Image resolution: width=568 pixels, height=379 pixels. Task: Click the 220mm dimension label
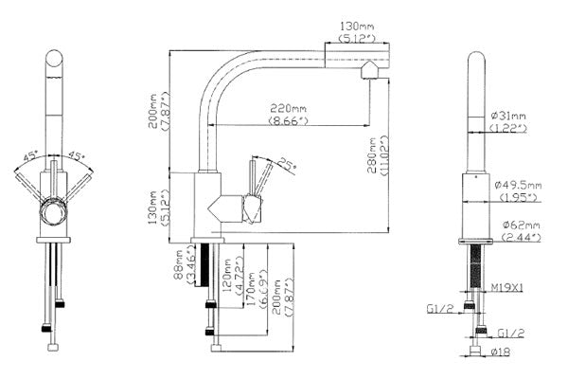[289, 108]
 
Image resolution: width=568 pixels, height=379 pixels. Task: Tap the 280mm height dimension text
[372, 154]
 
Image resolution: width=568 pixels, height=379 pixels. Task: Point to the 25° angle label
[287, 165]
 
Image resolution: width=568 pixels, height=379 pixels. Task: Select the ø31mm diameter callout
[508, 116]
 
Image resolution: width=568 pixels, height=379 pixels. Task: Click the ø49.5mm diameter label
[518, 185]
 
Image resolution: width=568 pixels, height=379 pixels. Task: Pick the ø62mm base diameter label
[522, 225]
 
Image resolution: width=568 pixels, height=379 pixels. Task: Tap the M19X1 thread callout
[507, 288]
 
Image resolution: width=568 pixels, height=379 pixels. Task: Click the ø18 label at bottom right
[501, 352]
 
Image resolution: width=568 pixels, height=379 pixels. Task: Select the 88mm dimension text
[178, 264]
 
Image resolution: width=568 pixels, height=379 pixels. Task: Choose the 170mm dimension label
[252, 289]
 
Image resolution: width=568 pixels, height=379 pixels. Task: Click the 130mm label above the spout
[357, 27]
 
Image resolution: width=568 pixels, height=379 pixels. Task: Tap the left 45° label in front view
[30, 156]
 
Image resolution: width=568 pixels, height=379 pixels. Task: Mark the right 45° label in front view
[77, 156]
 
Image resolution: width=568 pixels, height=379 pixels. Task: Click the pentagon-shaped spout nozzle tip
[369, 69]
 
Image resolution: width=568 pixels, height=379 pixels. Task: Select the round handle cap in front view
[54, 211]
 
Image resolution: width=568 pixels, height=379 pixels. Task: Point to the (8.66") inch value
[289, 120]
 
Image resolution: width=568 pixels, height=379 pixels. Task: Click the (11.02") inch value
[384, 156]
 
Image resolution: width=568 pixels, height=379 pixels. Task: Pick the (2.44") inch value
[522, 238]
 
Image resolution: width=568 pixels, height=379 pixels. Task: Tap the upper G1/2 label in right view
[440, 309]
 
